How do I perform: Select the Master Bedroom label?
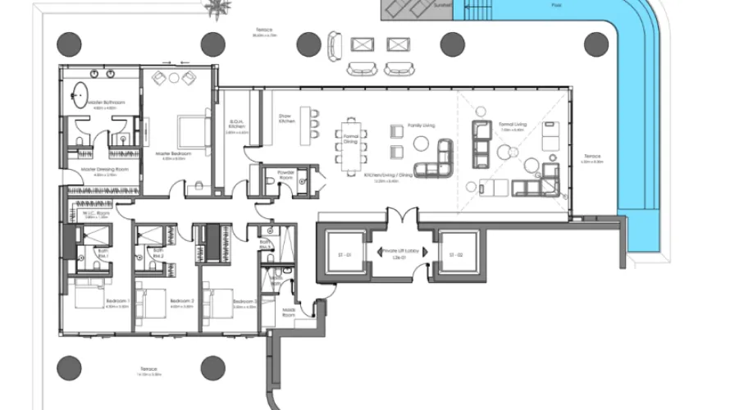click(175, 153)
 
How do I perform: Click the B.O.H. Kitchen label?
click(237, 126)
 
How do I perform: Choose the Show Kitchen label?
click(286, 119)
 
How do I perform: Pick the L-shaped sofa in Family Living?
click(440, 158)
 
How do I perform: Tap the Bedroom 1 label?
click(117, 301)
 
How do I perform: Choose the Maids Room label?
click(289, 311)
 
